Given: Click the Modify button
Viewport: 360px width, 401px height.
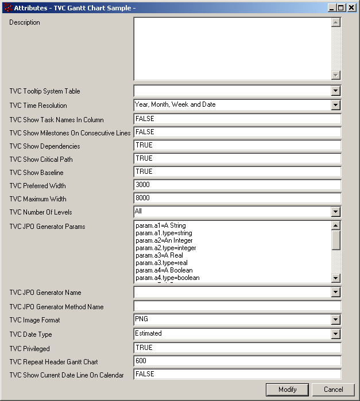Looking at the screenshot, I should point(287,390).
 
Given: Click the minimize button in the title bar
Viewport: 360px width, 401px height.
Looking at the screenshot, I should point(332,8).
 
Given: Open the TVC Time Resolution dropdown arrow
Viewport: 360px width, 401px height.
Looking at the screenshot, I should point(335,105).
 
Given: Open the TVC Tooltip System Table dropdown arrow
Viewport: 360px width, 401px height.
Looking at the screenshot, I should point(335,91).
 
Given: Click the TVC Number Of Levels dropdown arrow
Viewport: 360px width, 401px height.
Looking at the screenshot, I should point(335,212).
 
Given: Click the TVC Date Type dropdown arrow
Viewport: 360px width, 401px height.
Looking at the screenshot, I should point(335,334).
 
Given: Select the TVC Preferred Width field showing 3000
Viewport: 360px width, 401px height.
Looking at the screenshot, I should point(237,185).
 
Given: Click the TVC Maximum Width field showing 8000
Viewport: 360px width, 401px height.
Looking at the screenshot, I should point(237,198).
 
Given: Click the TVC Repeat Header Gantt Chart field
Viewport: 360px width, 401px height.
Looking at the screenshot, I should point(237,361).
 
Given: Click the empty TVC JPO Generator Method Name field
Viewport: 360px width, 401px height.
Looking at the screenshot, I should point(237,306).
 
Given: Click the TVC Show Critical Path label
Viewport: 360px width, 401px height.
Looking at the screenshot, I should point(41,159).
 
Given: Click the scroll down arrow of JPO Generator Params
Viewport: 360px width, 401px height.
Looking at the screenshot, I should point(336,278).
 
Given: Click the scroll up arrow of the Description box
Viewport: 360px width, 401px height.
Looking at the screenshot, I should point(336,23).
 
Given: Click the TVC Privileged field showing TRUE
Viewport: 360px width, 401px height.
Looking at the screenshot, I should point(237,348).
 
